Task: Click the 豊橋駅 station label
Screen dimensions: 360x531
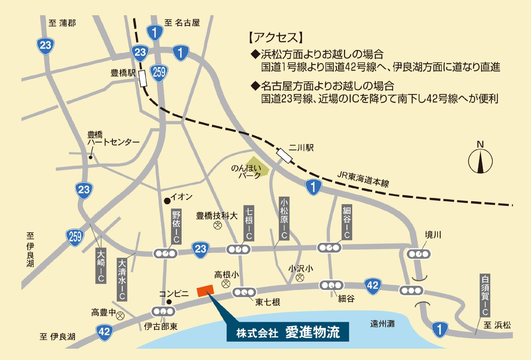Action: click(123, 73)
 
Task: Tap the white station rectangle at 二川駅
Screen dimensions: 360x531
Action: click(285, 156)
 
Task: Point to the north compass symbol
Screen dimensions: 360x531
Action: click(480, 161)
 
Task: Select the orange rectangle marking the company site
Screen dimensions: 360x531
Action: click(206, 291)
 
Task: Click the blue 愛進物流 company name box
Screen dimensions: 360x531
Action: click(287, 332)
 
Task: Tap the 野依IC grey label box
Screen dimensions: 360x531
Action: click(176, 227)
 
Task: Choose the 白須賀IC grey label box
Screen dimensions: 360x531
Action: click(485, 295)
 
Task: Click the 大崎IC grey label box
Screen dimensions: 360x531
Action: click(101, 265)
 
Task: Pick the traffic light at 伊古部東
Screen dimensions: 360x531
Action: click(163, 312)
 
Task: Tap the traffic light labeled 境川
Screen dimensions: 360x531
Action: click(419, 254)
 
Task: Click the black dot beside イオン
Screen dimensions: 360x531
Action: click(167, 201)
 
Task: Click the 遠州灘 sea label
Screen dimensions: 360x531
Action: click(382, 324)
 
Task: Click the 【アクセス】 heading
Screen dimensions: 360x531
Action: click(276, 38)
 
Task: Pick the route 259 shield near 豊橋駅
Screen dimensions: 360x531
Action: click(159, 72)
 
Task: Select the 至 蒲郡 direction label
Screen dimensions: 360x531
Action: click(62, 23)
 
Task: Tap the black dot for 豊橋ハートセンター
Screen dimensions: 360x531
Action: click(91, 158)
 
